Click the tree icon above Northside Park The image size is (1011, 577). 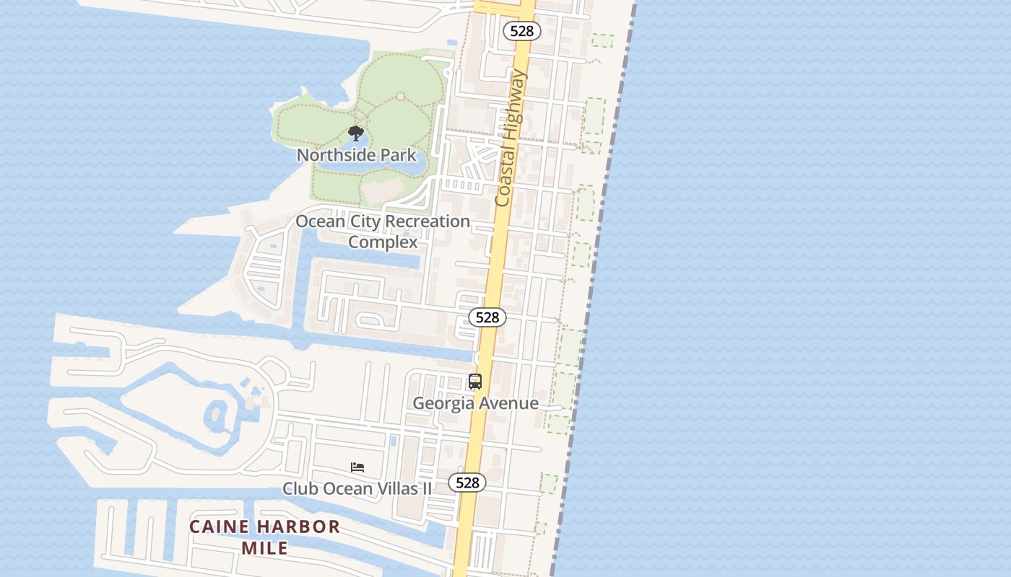[x=355, y=133]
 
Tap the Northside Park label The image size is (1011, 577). [x=357, y=155]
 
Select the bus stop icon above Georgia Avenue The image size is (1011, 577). [x=475, y=382]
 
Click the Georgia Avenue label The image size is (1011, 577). [x=475, y=403]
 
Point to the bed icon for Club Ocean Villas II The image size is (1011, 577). [x=357, y=467]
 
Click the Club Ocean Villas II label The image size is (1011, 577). [x=357, y=489]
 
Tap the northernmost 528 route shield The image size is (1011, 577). [x=521, y=30]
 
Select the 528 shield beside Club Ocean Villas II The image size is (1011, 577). [x=467, y=483]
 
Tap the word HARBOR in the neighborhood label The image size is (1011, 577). [x=298, y=527]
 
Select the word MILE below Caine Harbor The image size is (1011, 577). [x=265, y=549]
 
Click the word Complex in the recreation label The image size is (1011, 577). [x=383, y=242]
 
